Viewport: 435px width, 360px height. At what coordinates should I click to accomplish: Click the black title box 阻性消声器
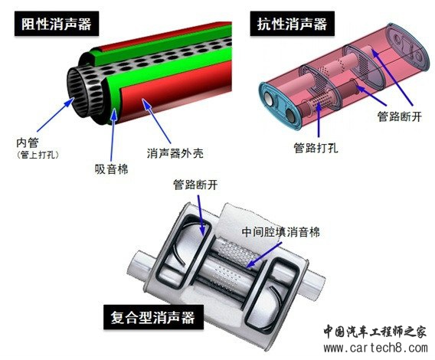[57, 24]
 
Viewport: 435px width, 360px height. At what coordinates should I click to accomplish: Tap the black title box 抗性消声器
[292, 24]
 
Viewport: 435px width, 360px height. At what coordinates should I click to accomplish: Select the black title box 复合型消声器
[153, 317]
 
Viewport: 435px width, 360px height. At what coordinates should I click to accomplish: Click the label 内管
[28, 142]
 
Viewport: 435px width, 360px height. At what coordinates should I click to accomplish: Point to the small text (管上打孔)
[38, 155]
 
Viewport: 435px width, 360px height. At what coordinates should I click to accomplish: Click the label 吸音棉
[112, 169]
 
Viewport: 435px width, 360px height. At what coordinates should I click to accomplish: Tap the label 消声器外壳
[175, 153]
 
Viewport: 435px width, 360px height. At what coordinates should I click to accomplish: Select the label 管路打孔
[316, 148]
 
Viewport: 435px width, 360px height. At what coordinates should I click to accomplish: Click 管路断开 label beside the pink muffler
[400, 116]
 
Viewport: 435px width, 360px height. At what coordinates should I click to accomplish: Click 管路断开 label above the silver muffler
[195, 185]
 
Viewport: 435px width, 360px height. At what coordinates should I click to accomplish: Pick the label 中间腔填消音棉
[280, 232]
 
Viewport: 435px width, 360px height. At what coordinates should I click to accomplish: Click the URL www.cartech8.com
[375, 348]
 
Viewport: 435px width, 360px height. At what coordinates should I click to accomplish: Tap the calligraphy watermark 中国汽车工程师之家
[375, 332]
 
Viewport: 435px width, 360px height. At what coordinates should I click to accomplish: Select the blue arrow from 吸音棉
[113, 134]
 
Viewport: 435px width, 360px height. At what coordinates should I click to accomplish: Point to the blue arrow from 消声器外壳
[156, 121]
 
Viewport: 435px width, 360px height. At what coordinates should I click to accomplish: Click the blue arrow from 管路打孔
[319, 120]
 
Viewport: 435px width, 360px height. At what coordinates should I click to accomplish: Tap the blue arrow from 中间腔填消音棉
[263, 255]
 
